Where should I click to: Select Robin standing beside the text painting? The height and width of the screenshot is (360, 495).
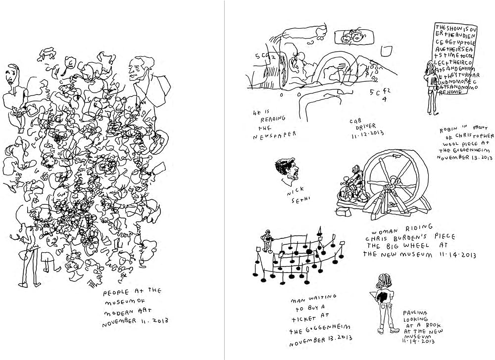point(431,84)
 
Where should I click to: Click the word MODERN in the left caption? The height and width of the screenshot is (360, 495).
point(116,314)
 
